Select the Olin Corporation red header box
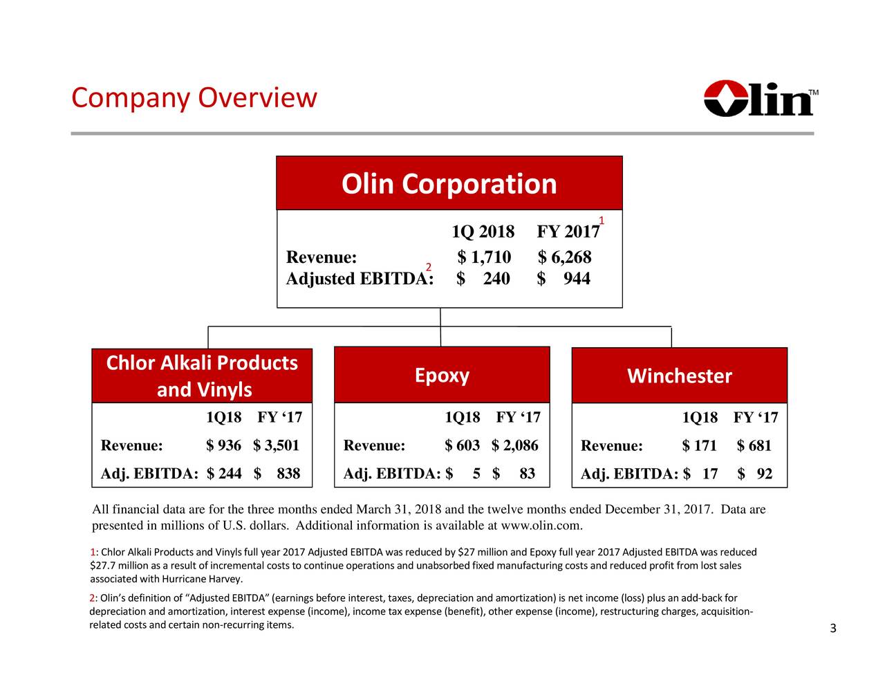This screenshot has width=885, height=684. (449, 183)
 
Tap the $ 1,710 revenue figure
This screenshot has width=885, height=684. (484, 257)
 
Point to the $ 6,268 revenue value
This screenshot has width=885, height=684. (564, 257)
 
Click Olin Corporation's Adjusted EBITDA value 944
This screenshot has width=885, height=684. (577, 279)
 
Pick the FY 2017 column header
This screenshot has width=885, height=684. (568, 232)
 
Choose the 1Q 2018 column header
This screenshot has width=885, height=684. (483, 232)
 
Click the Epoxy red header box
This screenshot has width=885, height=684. (442, 375)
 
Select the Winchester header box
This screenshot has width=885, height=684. (680, 376)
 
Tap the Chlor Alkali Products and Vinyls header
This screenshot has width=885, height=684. (202, 376)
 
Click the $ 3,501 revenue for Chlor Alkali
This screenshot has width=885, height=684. (276, 445)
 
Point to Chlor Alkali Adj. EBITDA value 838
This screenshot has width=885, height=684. (288, 473)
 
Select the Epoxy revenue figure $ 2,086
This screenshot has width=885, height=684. (515, 445)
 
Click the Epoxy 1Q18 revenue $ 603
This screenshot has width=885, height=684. (463, 445)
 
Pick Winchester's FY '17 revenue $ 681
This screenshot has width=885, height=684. (754, 445)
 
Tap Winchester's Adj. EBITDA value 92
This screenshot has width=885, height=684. (765, 474)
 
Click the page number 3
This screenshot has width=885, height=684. (833, 628)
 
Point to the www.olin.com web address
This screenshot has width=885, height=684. (541, 526)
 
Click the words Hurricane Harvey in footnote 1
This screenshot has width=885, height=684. (202, 579)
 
